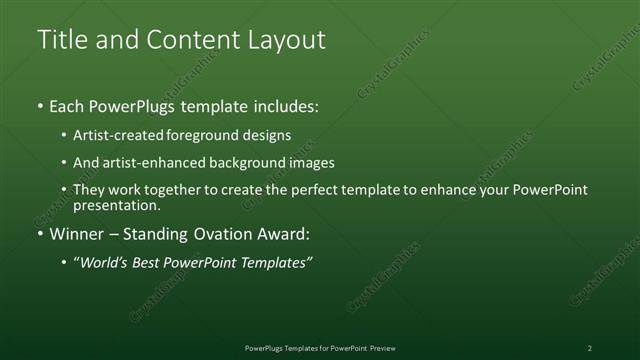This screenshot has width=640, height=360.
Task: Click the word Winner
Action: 77,235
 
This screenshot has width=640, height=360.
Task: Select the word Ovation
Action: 227,235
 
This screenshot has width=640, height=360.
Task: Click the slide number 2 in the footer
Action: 590,348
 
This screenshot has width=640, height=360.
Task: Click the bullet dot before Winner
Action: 40,235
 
